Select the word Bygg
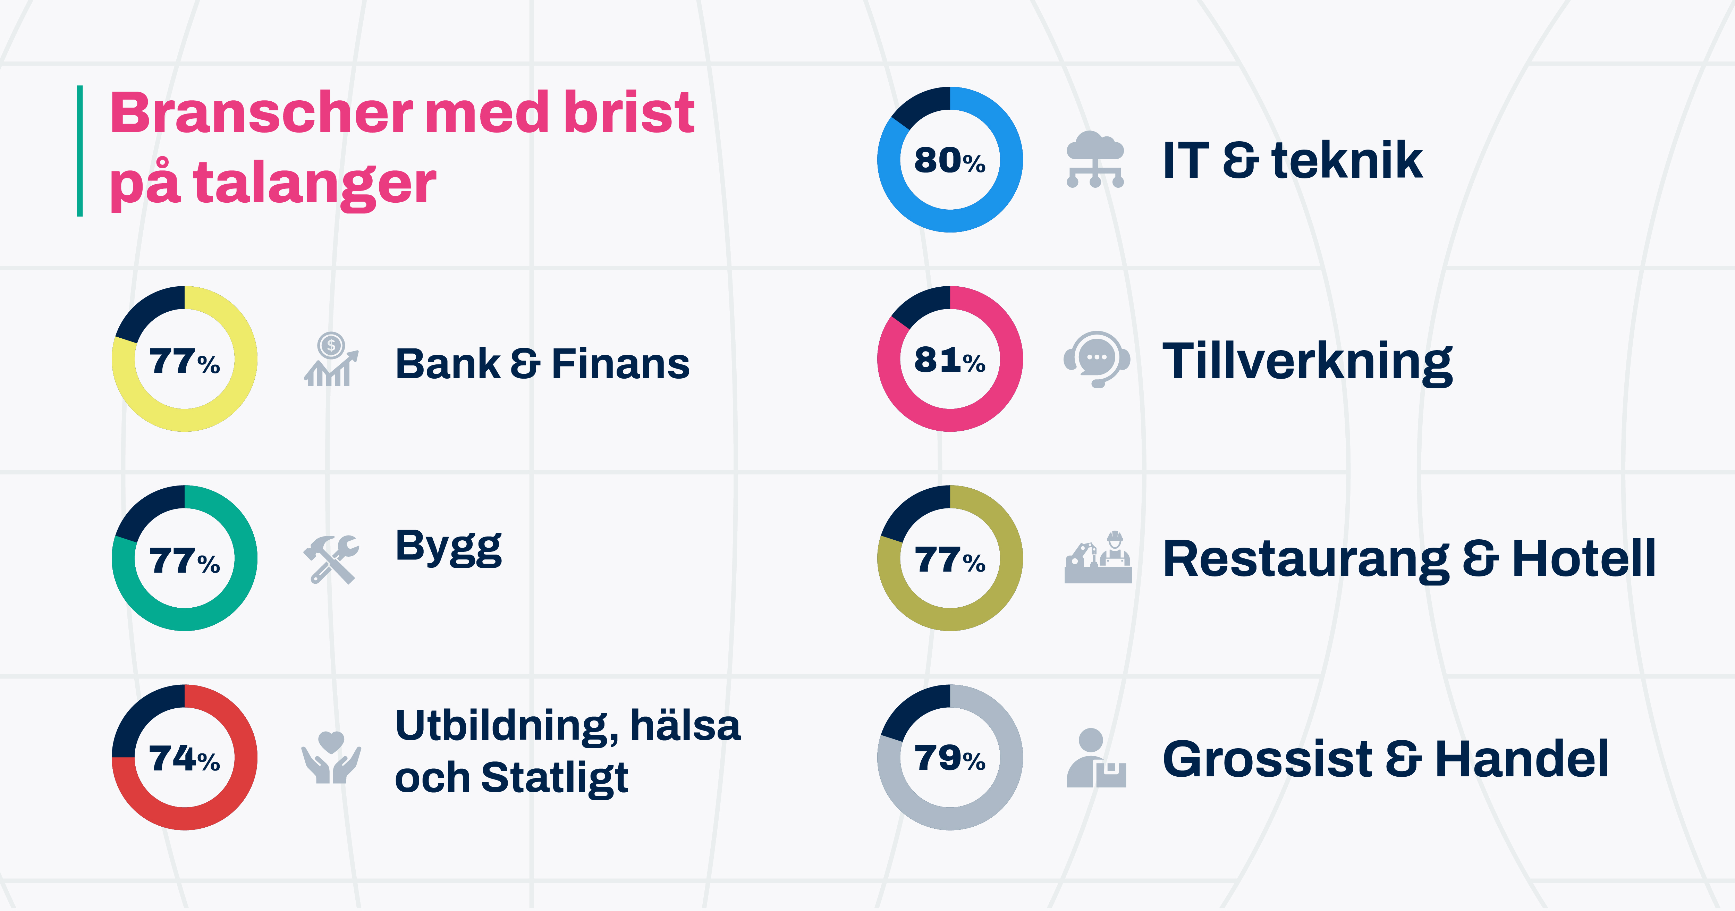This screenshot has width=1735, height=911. tap(448, 547)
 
